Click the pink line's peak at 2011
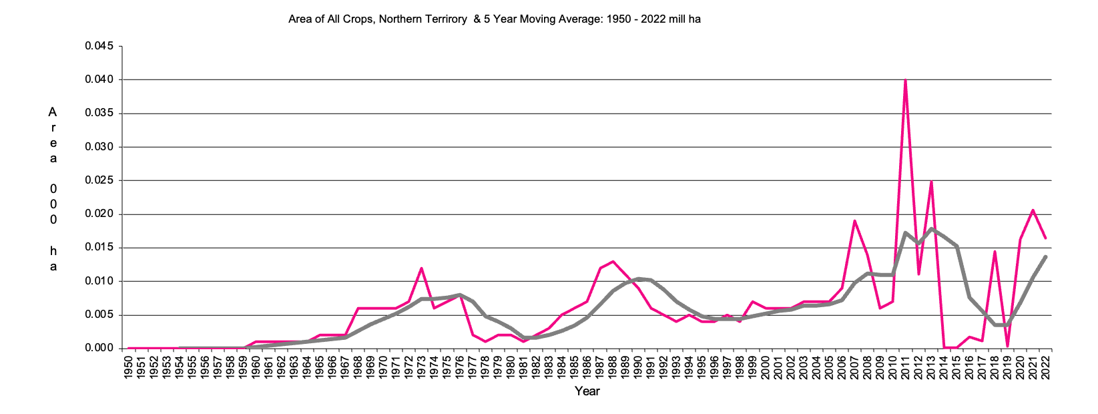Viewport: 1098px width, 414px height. (x=905, y=80)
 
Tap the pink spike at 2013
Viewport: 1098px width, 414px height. (x=930, y=181)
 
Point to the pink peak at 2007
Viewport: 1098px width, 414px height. (x=854, y=220)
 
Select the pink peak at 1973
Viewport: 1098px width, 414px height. (x=421, y=268)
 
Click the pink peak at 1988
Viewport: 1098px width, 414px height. (x=613, y=261)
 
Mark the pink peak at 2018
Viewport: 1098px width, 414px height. (x=995, y=252)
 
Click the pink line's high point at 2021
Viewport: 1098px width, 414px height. (x=1033, y=210)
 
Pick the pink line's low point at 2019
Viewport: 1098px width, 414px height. (x=1007, y=347)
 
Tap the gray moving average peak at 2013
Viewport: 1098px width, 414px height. (x=930, y=229)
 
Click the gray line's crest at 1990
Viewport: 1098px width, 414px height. (x=638, y=278)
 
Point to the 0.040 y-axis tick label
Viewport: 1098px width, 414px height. (x=99, y=79)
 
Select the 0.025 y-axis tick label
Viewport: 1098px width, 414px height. (x=99, y=180)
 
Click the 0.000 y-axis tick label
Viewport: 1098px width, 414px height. (x=99, y=348)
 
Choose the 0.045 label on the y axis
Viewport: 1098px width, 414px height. (x=99, y=46)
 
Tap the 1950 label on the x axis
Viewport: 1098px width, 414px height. (x=128, y=367)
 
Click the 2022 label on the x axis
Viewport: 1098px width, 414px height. (x=1046, y=367)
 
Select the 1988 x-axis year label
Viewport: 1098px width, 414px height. (x=613, y=367)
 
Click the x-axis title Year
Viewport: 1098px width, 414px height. (x=587, y=391)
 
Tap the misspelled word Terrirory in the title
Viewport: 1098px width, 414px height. (x=446, y=19)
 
